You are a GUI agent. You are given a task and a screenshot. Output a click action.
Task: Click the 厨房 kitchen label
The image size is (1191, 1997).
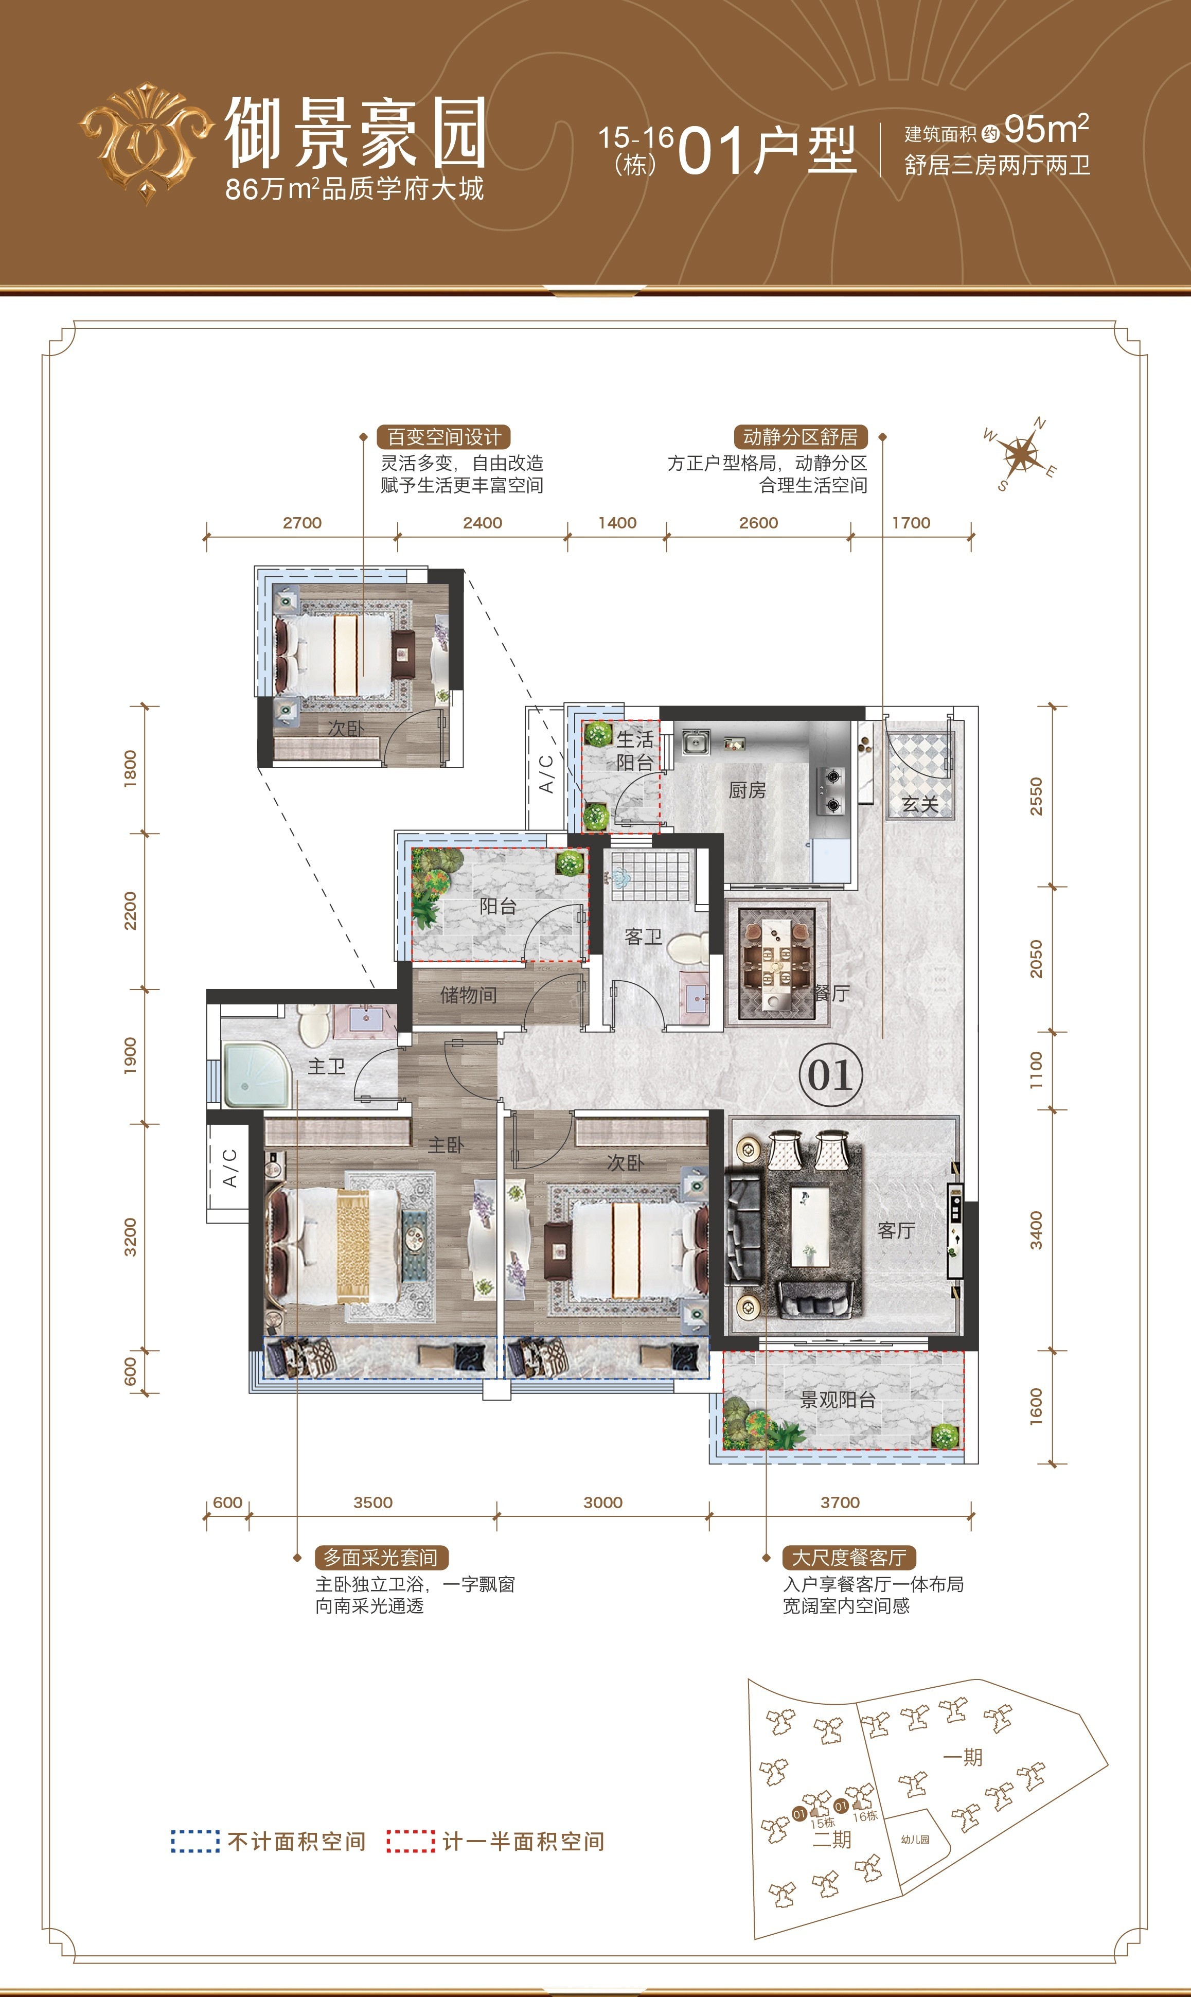click(x=746, y=790)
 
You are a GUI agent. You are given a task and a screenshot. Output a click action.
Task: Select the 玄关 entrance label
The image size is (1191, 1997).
click(x=920, y=804)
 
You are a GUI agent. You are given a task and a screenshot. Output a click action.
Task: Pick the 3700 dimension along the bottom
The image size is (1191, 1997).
click(x=840, y=1503)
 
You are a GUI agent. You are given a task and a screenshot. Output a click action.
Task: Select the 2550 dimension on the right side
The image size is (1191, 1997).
click(x=1036, y=796)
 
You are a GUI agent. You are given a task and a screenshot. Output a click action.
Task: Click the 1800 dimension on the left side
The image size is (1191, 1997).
click(x=130, y=769)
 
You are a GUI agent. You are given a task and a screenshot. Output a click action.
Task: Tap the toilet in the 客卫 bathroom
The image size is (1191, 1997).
click(x=687, y=948)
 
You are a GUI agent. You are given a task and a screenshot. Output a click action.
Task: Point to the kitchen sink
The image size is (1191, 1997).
click(x=696, y=743)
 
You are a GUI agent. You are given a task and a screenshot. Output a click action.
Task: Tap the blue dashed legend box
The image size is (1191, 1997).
click(x=195, y=1841)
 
